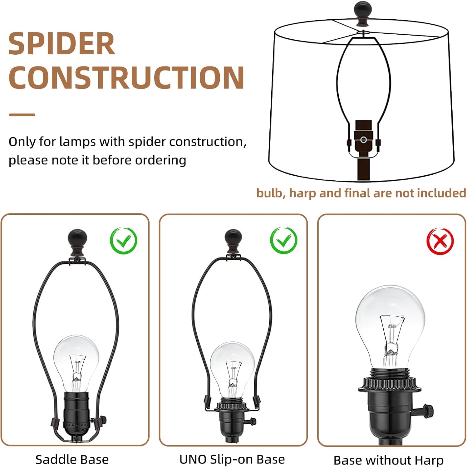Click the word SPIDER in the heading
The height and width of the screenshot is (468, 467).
coord(61,44)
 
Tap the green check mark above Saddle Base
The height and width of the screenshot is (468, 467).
coord(123,241)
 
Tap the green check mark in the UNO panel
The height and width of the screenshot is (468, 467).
coord(283,240)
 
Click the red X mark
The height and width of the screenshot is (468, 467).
coord(440,241)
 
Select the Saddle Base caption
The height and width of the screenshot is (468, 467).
coord(72,460)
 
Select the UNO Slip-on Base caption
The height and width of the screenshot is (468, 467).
coord(232,459)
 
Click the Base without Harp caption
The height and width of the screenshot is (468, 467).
coord(388,460)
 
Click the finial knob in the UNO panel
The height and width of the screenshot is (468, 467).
coord(233,242)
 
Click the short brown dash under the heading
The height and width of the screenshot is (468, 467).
coord(22,115)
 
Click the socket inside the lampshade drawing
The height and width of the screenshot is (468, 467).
coord(364,138)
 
